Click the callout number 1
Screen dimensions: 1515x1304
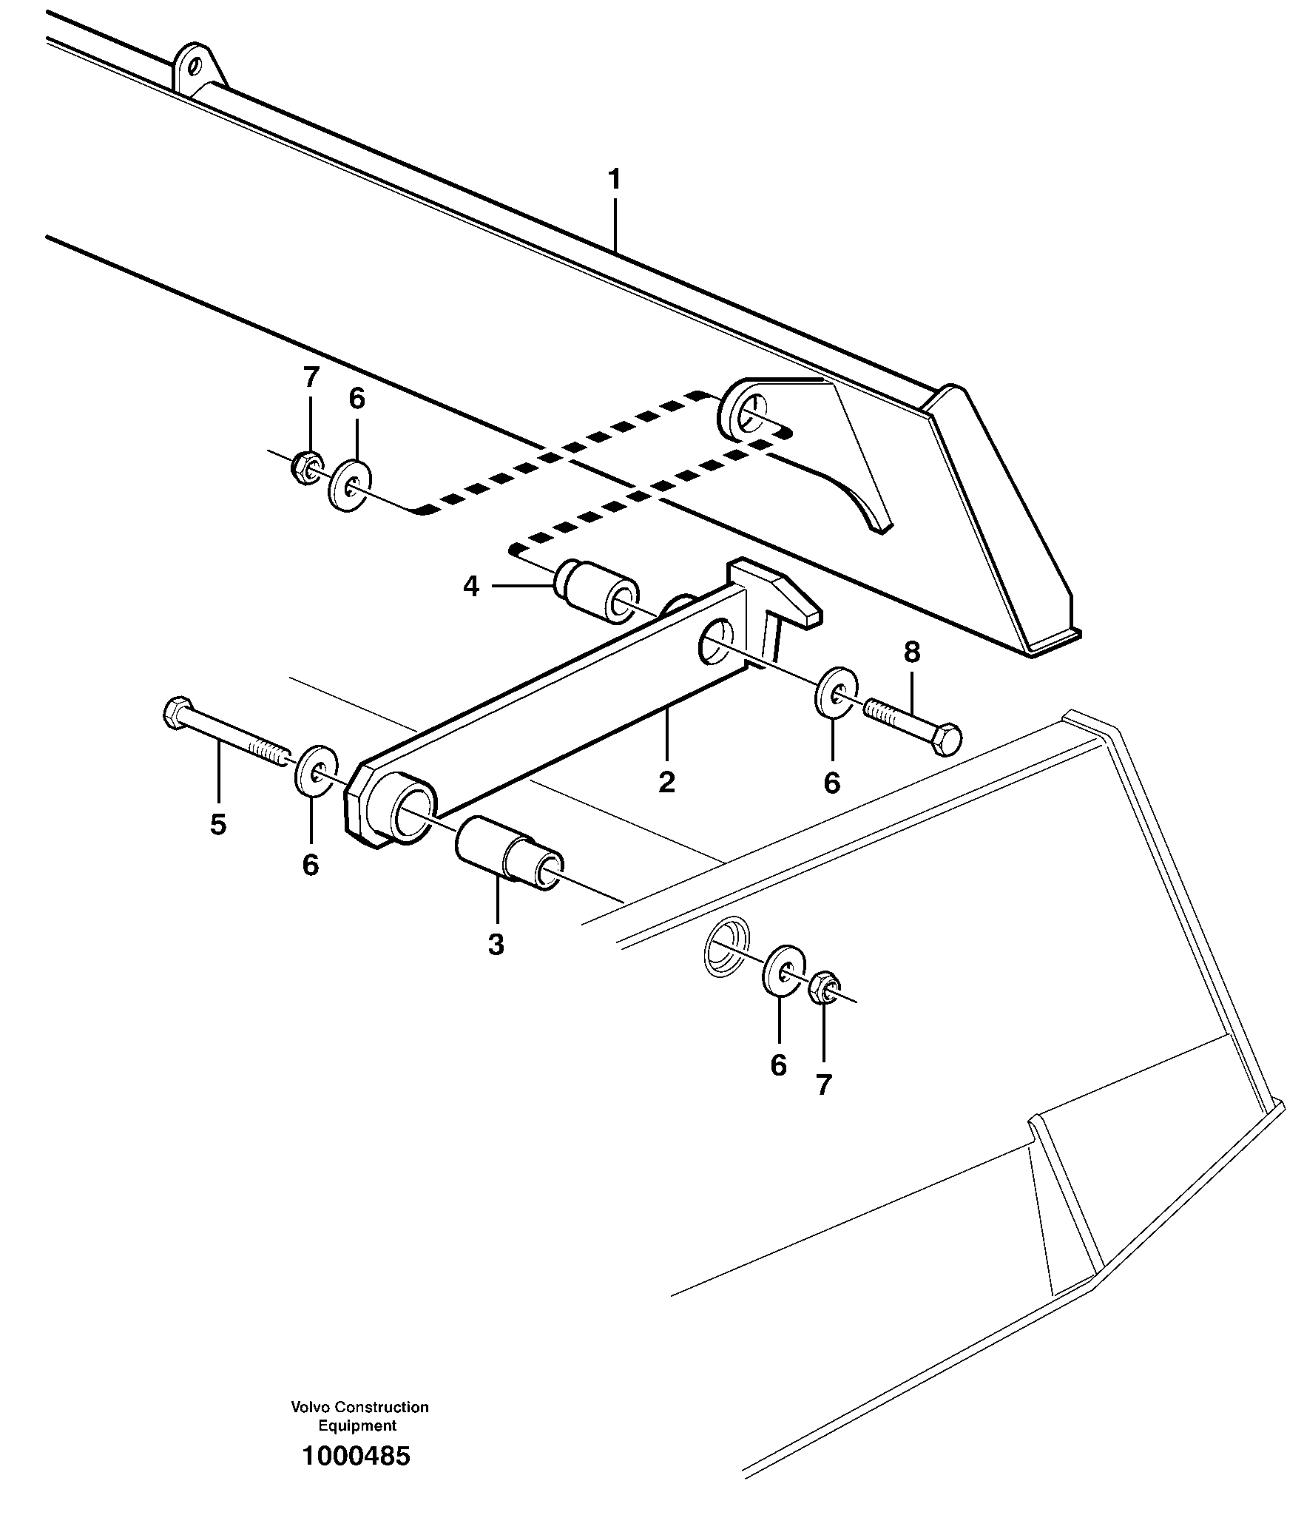pos(613,180)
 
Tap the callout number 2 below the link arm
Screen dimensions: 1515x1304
pos(666,782)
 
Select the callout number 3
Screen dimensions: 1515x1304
pos(496,945)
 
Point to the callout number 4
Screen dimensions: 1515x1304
pos(471,587)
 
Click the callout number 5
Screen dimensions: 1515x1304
pos(217,823)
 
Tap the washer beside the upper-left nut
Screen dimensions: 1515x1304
pos(349,485)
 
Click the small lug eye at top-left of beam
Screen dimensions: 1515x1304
pos(195,67)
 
